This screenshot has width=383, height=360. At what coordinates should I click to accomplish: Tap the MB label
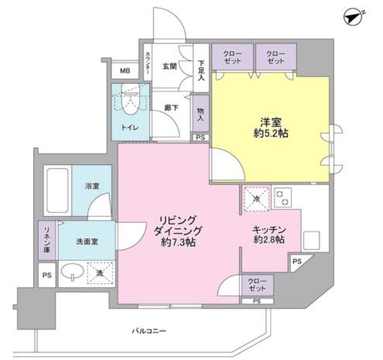(x=125, y=72)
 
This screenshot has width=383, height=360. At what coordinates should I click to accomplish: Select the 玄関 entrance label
(x=170, y=67)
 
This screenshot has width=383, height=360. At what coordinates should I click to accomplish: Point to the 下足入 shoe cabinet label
(x=200, y=71)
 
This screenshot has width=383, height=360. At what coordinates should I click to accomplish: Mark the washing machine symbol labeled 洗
(x=100, y=273)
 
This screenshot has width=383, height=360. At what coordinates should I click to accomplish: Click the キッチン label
(x=269, y=229)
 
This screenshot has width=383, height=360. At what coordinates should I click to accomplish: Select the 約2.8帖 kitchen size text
(x=269, y=241)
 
